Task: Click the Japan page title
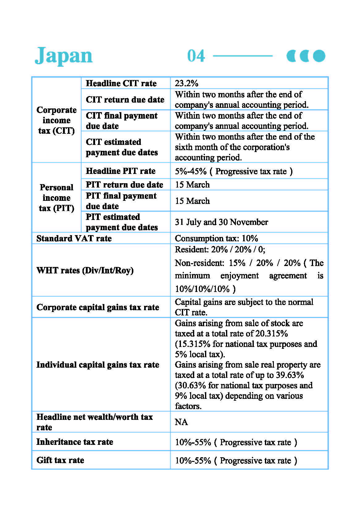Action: (x=64, y=56)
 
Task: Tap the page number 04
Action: (x=196, y=56)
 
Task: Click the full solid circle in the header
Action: (x=319, y=56)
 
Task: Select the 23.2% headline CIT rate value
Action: (x=186, y=83)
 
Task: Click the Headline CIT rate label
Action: (x=121, y=83)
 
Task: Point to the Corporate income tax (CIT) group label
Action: (x=57, y=120)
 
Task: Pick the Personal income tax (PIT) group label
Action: (x=57, y=198)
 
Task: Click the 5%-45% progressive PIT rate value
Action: (x=233, y=171)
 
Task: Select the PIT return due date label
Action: (x=124, y=184)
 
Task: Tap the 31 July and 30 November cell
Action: (x=221, y=222)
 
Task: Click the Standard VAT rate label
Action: (x=74, y=238)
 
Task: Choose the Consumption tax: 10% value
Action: (x=216, y=238)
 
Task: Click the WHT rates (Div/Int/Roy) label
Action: (x=85, y=270)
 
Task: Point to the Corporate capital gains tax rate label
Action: (x=98, y=307)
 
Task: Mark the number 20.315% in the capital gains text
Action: (x=272, y=334)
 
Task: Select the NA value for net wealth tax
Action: (x=181, y=422)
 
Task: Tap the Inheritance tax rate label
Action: (x=75, y=442)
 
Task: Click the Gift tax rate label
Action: (x=60, y=460)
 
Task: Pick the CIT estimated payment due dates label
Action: (x=122, y=147)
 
